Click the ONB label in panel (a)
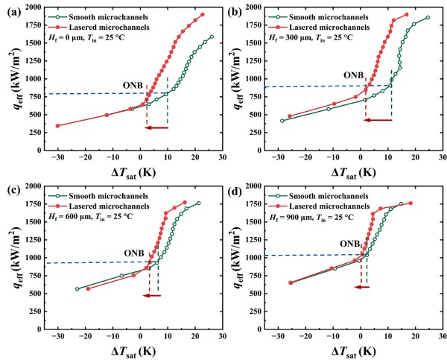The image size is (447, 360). pyautogui.click(x=135, y=84)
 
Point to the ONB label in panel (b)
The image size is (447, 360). pyautogui.click(x=353, y=75)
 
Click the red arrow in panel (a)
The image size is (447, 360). pyautogui.click(x=156, y=128)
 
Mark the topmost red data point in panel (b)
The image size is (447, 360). pyautogui.click(x=406, y=14)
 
